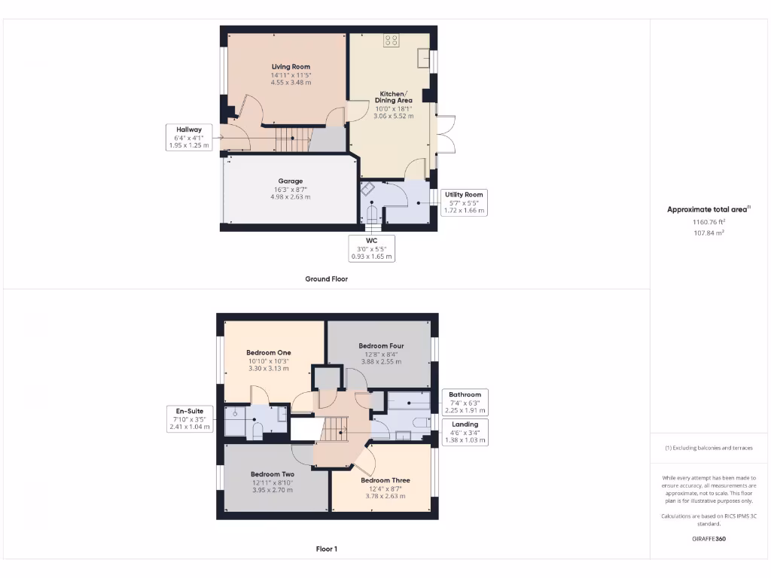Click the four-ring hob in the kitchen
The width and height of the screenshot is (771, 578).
coord(392,40)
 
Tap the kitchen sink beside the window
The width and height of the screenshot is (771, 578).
coord(424,59)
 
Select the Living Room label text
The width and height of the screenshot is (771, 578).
coord(291,67)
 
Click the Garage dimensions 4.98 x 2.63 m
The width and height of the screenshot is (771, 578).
coord(291,196)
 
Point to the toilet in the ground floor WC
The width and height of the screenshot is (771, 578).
coord(371,217)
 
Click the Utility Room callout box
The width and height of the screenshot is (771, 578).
coord(464,202)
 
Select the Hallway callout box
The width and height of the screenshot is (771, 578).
coord(189,137)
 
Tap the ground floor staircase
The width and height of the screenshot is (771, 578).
coord(293,139)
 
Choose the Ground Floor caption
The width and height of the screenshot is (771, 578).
coord(326,278)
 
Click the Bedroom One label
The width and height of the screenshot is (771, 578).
coord(268,352)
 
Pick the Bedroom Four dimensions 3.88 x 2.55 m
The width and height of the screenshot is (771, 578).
coord(381,361)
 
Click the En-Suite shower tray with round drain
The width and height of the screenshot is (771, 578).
coord(236,413)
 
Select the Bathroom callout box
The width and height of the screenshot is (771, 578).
coord(465,403)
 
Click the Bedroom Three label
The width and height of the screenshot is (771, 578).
coord(385,480)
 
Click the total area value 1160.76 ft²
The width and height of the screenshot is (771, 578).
coord(709,222)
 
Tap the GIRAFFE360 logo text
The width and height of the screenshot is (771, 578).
coord(709,539)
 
